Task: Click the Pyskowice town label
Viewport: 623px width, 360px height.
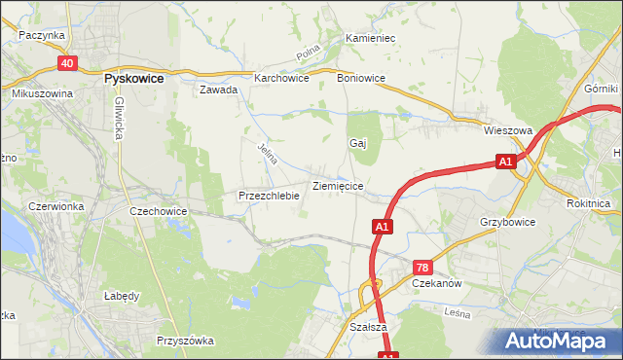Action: [132, 78]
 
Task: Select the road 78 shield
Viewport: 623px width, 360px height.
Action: [422, 268]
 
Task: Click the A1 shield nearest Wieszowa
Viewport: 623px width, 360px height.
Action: [504, 162]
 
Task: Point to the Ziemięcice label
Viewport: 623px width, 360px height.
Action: [338, 185]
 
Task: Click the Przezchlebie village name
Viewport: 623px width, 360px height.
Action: [268, 196]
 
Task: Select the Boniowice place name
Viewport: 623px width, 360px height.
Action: [360, 78]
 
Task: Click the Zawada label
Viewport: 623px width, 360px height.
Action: [218, 90]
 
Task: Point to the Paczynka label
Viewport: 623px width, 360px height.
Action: [41, 34]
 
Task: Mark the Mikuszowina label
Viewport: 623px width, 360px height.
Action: [43, 93]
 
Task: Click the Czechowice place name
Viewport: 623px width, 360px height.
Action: [159, 210]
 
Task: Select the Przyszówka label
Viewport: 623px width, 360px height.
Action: [185, 341]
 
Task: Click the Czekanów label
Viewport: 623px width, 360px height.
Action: [436, 283]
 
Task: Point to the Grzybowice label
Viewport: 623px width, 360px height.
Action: [507, 222]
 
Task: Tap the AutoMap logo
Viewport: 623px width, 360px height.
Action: [558, 341]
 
